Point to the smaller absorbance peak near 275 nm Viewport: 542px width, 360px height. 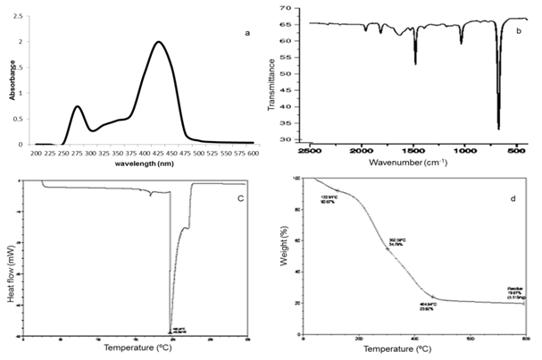(78, 106)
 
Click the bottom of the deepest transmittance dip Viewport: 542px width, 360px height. (498, 130)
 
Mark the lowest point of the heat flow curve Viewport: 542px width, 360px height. (171, 332)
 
